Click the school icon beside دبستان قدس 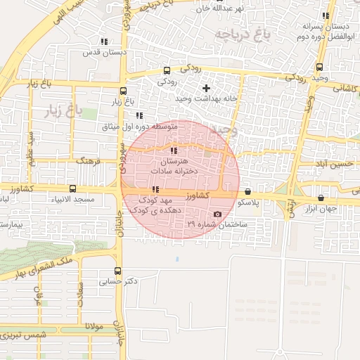[105, 41]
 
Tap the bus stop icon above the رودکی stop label [167, 70]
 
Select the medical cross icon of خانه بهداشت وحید [206, 88]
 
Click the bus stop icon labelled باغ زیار [124, 91]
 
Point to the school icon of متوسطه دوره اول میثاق [139, 115]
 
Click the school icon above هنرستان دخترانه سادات [174, 150]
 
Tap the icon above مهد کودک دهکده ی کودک [155, 189]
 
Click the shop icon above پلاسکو [248, 191]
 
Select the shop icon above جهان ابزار [321, 198]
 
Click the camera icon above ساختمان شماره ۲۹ [217, 214]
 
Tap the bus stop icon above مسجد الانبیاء [73, 188]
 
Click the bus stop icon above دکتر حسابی [117, 270]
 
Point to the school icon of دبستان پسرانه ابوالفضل [325, 15]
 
